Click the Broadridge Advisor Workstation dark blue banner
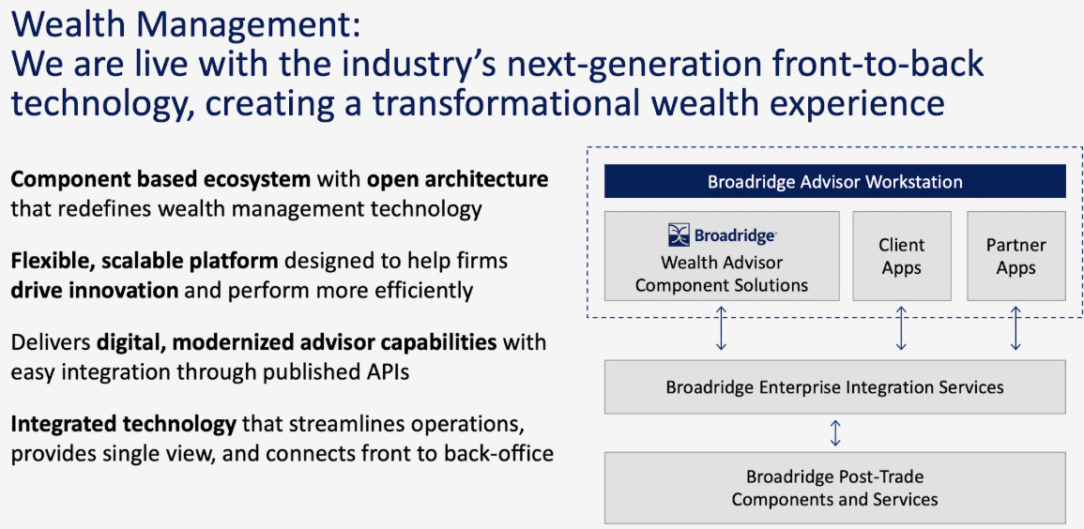[835, 182]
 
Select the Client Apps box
[902, 256]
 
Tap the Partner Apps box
[1016, 256]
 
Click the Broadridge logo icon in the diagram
[679, 234]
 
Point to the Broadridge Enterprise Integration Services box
[835, 386]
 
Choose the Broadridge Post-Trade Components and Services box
[835, 488]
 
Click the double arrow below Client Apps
[902, 328]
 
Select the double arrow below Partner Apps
[1015, 328]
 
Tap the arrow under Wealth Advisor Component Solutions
[721, 328]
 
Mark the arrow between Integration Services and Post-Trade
[835, 433]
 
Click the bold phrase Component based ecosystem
[160, 180]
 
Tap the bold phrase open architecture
[458, 180]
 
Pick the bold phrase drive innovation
[94, 290]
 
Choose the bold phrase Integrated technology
[124, 426]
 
